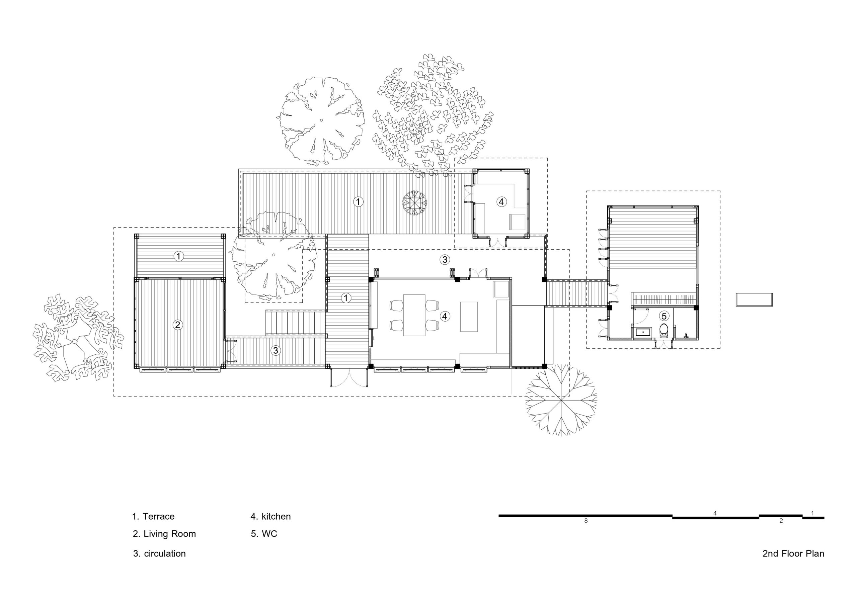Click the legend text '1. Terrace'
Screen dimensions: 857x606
tap(153, 516)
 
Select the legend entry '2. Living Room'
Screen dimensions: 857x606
tap(164, 534)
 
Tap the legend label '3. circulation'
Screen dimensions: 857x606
tap(159, 553)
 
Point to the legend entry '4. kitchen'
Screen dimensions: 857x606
tap(270, 516)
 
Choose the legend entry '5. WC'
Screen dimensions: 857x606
tap(264, 534)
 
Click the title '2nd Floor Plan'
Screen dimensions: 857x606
tap(793, 553)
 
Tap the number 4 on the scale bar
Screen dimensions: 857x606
tap(715, 513)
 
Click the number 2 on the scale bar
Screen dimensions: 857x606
tap(781, 521)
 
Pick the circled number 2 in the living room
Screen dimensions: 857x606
tap(178, 325)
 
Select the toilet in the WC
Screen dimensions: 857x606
tap(664, 330)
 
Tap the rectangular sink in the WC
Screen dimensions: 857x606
tap(642, 332)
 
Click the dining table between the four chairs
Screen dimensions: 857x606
tap(414, 315)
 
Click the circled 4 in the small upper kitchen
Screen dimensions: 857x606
tap(501, 202)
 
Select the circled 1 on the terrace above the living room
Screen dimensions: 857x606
tap(179, 256)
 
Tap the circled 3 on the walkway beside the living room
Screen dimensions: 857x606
tap(276, 350)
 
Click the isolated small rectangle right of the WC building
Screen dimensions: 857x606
tap(754, 299)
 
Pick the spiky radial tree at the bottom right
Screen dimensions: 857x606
tap(561, 401)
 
